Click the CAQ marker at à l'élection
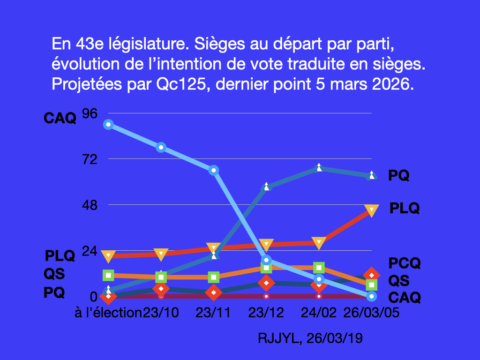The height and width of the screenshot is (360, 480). click(x=108, y=124)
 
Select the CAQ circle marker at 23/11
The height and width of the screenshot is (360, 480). click(x=213, y=170)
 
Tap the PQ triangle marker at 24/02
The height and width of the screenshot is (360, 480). click(x=319, y=167)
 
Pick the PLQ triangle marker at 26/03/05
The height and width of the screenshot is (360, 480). click(x=372, y=210)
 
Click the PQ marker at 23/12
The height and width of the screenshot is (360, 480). click(x=266, y=187)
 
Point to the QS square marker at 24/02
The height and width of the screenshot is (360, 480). click(x=319, y=268)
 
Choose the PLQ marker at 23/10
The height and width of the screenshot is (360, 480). click(x=161, y=254)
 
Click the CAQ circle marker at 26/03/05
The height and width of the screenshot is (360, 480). click(x=372, y=296)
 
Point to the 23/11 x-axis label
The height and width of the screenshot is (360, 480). click(x=213, y=313)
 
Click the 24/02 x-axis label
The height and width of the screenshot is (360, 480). click(x=319, y=313)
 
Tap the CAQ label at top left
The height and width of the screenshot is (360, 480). click(x=60, y=118)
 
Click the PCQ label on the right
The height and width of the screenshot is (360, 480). click(x=405, y=263)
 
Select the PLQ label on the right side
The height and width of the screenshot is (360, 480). click(x=405, y=208)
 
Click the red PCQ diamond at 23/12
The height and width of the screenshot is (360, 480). click(x=266, y=283)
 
